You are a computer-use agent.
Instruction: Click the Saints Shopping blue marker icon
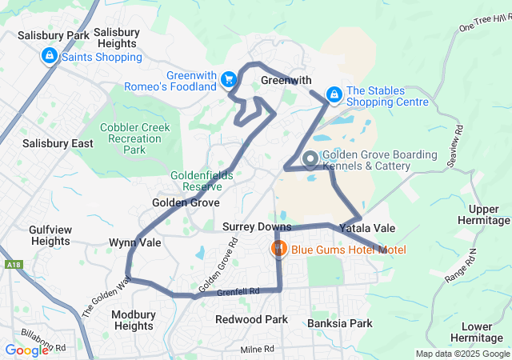50,56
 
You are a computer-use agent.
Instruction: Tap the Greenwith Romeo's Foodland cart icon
229,78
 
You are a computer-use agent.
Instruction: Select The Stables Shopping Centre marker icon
334,94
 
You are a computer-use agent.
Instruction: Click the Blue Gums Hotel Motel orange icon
278,249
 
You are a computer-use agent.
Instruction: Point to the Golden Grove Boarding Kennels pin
310,160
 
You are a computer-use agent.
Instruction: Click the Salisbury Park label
54,36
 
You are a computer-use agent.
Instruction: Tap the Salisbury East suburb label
58,143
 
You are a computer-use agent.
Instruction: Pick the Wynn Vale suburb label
135,242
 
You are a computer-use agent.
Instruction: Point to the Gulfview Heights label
50,235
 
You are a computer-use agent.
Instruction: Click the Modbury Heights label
133,320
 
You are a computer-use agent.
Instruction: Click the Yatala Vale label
367,228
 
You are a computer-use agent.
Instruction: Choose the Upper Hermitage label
483,214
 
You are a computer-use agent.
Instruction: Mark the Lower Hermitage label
482,332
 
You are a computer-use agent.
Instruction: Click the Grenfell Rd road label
243,292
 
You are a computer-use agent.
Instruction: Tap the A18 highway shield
12,263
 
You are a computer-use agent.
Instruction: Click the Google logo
26,350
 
